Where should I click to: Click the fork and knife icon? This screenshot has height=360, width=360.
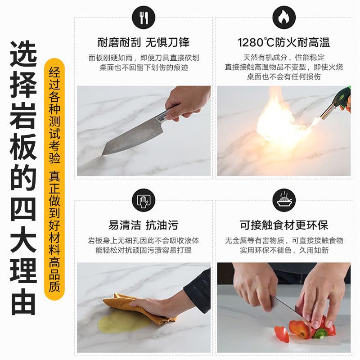click(144, 18)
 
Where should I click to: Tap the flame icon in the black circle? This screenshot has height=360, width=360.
click(284, 18)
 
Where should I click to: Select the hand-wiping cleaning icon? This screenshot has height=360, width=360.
click(144, 200)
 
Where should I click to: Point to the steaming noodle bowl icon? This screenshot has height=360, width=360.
click(284, 200)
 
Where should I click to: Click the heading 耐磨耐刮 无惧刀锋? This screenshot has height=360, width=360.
click(144, 42)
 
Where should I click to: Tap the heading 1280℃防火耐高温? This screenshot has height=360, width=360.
click(284, 42)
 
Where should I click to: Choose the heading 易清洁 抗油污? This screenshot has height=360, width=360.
click(144, 225)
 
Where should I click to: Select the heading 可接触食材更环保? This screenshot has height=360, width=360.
click(284, 225)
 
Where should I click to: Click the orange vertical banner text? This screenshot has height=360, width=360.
click(54, 179)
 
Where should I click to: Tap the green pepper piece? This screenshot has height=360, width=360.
click(320, 333)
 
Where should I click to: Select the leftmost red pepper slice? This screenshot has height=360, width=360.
click(282, 334)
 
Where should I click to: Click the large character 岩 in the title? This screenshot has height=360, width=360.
click(23, 116)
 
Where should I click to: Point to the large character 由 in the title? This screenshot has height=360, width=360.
click(23, 302)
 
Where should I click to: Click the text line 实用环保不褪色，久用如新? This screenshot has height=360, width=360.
click(284, 250)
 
